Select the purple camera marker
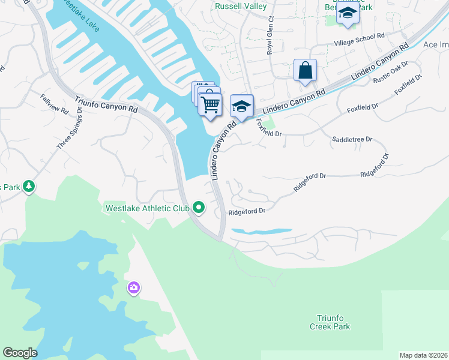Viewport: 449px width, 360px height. (x=133, y=289)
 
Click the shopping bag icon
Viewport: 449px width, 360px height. (x=305, y=70)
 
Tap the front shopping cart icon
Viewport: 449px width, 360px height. (x=210, y=104)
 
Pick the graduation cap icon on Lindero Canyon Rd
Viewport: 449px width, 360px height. (x=241, y=106)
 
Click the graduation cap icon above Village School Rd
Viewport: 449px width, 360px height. (x=348, y=13)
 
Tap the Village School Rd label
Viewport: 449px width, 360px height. (x=360, y=40)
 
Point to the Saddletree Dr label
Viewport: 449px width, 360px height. (x=352, y=139)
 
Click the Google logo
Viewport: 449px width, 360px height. (x=20, y=353)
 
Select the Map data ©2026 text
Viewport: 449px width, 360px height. (x=423, y=355)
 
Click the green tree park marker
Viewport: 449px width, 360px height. (x=28, y=187)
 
